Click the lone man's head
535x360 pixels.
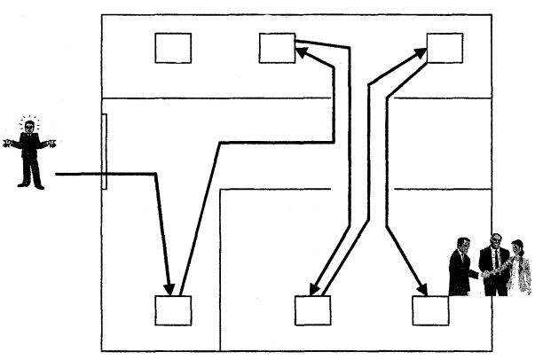point(30,128)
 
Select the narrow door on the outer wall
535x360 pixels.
point(105,152)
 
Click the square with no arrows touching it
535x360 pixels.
point(172,48)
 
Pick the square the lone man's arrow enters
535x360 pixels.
point(173,310)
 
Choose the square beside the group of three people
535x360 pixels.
point(430,310)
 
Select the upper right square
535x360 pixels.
point(445,48)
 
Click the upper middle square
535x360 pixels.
point(277,48)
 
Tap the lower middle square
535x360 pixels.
point(312,310)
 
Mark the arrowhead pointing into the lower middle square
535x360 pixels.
point(312,289)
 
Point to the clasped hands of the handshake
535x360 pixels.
point(481,274)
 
